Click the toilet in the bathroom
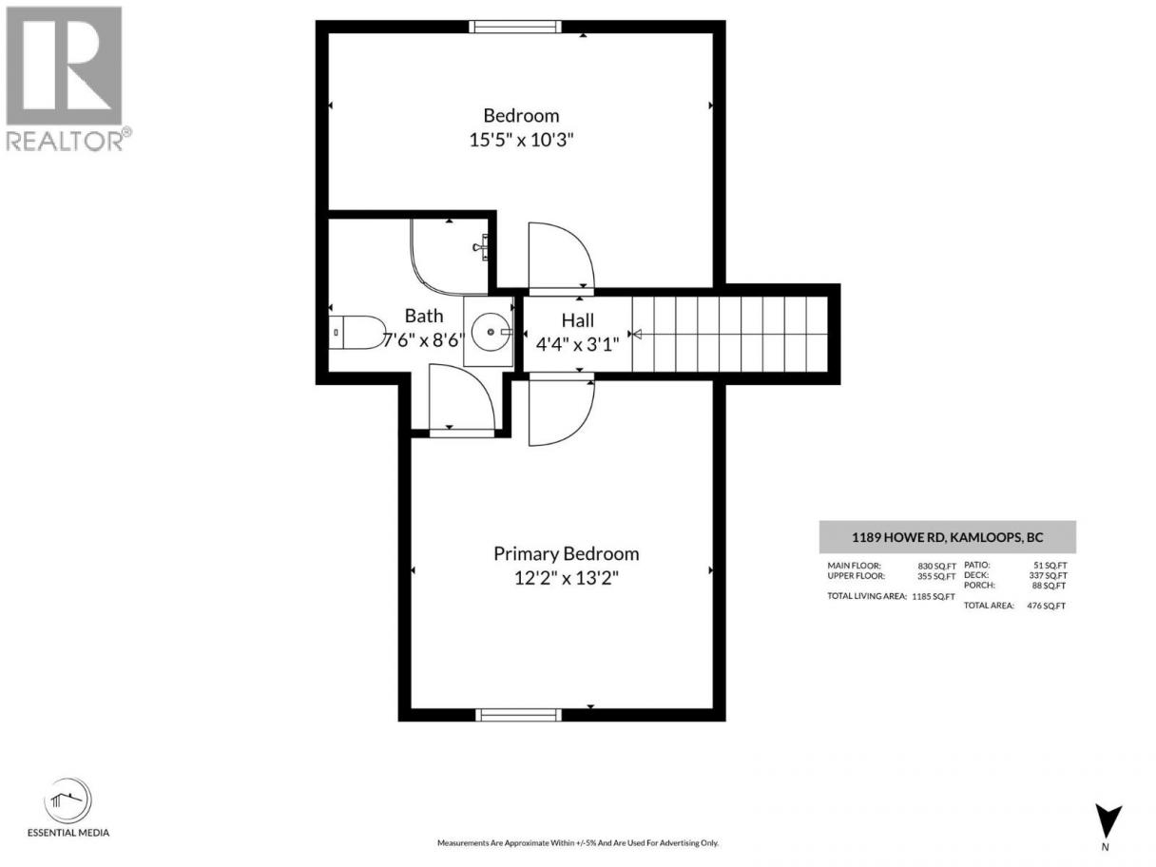pyautogui.click(x=356, y=332)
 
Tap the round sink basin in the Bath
pyautogui.click(x=491, y=332)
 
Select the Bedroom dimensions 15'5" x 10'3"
pyautogui.click(x=521, y=140)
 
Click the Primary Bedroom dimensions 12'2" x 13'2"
pyautogui.click(x=567, y=578)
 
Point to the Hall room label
pyautogui.click(x=577, y=320)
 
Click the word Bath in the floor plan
pyautogui.click(x=424, y=316)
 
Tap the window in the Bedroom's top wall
pyautogui.click(x=515, y=27)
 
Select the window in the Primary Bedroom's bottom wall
pyautogui.click(x=518, y=714)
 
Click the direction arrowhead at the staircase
pyautogui.click(x=636, y=334)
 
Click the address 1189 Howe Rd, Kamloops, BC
pyautogui.click(x=948, y=537)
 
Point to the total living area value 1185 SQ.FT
pyautogui.click(x=934, y=596)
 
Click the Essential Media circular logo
pyautogui.click(x=67, y=801)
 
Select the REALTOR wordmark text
pyautogui.click(x=65, y=141)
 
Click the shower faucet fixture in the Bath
pyautogui.click(x=482, y=247)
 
